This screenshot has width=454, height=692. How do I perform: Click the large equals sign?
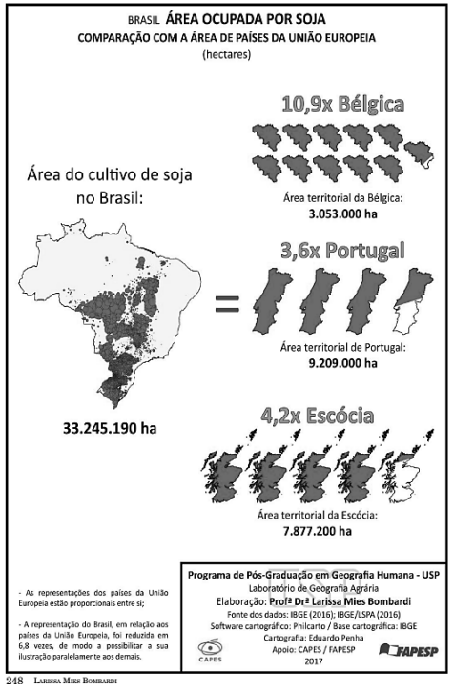tap(226, 306)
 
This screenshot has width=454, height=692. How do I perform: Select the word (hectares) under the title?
tap(226, 56)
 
